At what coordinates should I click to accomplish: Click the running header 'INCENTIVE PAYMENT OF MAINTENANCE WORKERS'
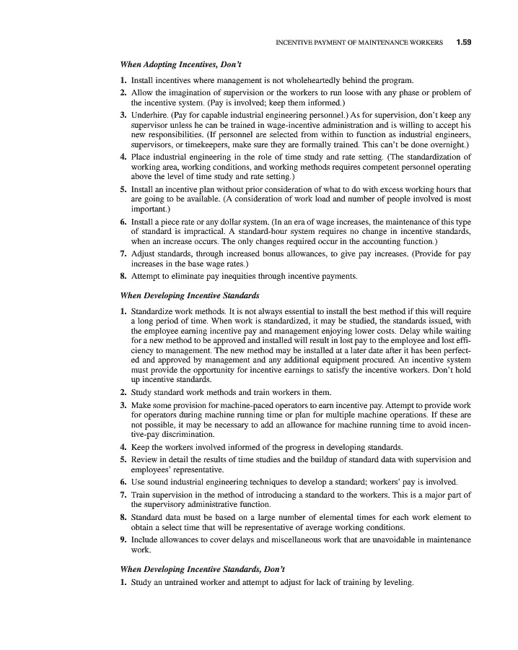(x=360, y=43)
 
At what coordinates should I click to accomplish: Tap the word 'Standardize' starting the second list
(x=154, y=311)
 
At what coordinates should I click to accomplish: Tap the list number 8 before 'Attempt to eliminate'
(x=123, y=275)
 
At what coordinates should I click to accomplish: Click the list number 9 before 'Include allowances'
(x=123, y=539)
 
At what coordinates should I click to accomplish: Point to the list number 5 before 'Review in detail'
(x=123, y=459)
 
